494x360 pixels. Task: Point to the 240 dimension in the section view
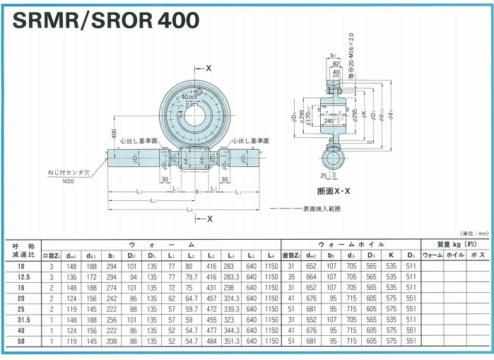(330, 120)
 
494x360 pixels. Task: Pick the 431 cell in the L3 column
(211, 288)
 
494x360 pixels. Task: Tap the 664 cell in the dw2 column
(312, 277)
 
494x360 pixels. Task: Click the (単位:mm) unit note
(473, 233)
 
